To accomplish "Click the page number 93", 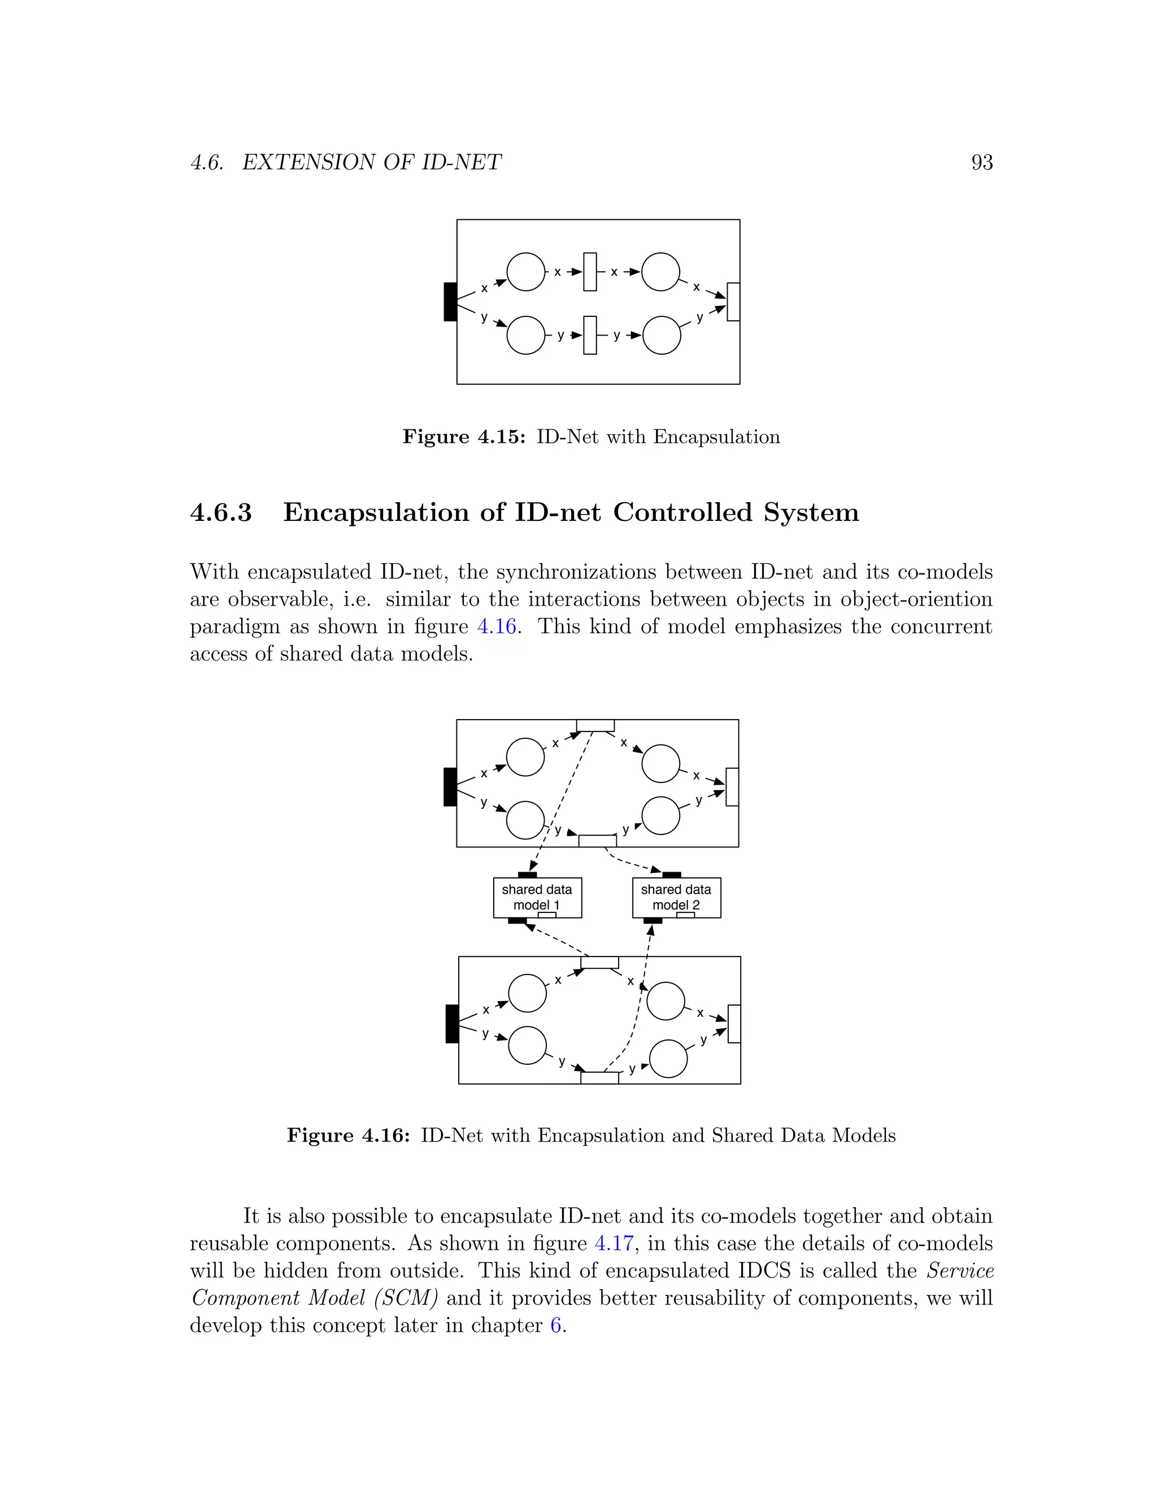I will (x=981, y=163).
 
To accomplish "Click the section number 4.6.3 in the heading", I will (x=221, y=513).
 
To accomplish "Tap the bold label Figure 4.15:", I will (x=463, y=437).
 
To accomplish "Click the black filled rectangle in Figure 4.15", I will (x=450, y=302).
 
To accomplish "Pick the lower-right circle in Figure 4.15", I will (x=662, y=335).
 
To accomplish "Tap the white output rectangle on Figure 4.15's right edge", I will (x=733, y=302).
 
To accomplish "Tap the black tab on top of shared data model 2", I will (x=672, y=874).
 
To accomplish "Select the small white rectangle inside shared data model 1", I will (x=547, y=915).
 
